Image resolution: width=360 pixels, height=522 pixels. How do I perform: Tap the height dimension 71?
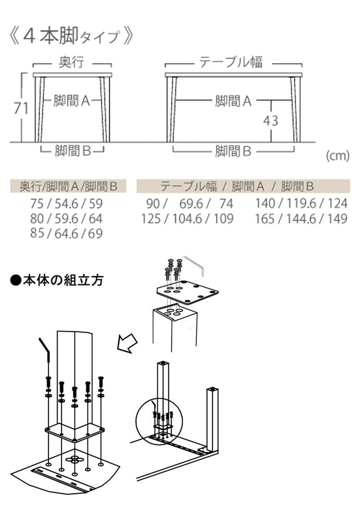[20, 108]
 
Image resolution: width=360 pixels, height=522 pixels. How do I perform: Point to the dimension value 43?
[270, 121]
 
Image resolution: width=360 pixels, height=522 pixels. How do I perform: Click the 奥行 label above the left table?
[72, 63]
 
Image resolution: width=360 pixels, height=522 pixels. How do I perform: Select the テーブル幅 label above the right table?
[230, 63]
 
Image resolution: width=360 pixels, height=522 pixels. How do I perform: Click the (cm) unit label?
[337, 156]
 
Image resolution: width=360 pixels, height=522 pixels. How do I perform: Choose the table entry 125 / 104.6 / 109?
[188, 218]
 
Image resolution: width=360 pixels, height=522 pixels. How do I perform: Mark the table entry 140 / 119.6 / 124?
[301, 204]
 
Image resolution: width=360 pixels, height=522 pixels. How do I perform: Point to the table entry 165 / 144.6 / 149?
[301, 218]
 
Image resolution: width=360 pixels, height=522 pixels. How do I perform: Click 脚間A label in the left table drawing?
[72, 101]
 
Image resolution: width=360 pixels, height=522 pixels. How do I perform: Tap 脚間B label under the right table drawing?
[233, 151]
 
